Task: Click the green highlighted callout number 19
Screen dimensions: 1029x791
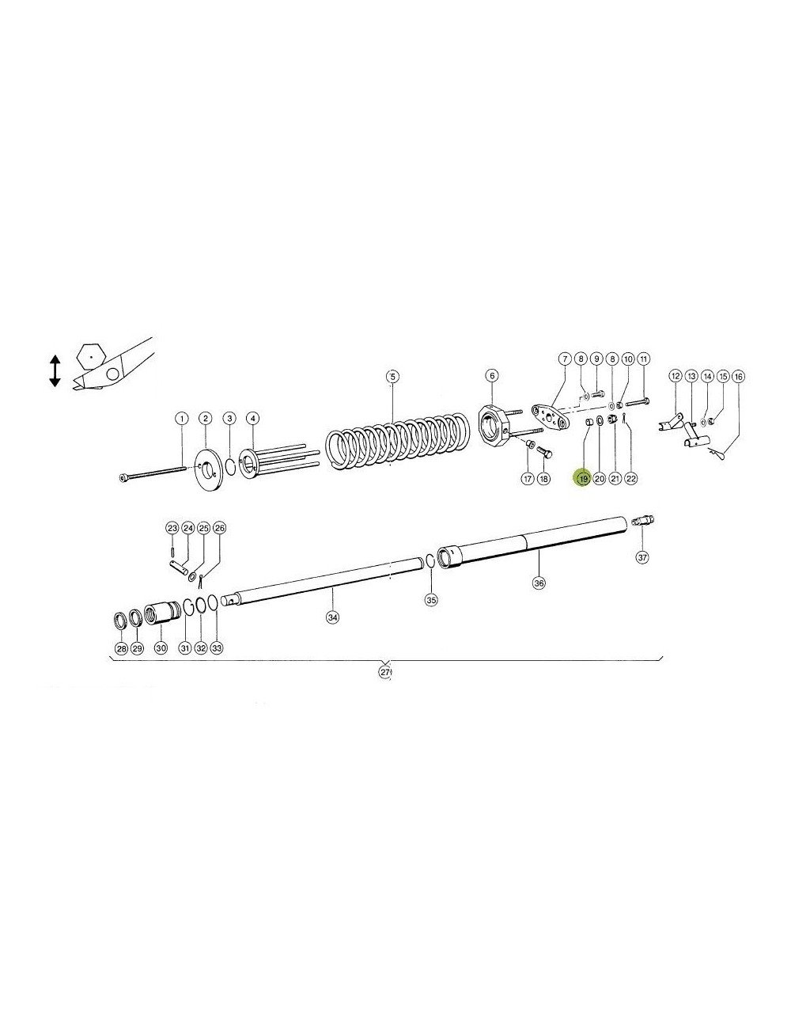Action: [583, 478]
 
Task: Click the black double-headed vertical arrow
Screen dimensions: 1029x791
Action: [55, 370]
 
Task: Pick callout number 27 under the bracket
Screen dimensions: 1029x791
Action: [385, 672]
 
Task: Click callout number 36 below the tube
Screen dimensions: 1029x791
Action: [539, 583]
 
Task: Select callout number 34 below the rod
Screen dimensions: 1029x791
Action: [333, 617]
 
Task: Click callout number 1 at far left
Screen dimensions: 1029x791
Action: [181, 418]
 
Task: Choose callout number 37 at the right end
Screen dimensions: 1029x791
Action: [642, 557]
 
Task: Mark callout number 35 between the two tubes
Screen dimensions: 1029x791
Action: [431, 599]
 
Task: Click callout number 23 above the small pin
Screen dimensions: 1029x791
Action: [172, 527]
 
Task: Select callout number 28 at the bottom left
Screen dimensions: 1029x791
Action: [120, 648]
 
